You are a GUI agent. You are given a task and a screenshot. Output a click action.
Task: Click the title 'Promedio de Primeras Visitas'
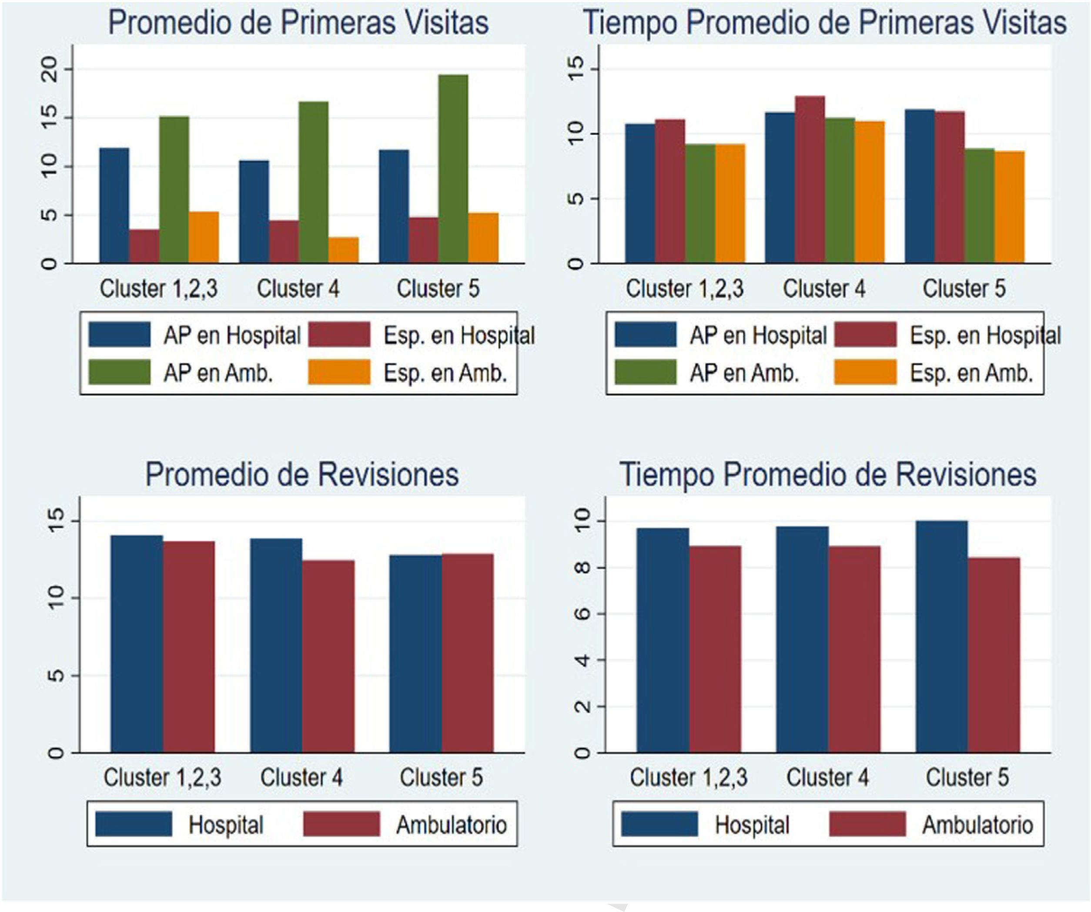(298, 23)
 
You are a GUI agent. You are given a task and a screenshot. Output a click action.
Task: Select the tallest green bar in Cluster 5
(453, 169)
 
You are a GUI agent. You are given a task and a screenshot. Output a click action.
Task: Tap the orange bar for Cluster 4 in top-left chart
(343, 250)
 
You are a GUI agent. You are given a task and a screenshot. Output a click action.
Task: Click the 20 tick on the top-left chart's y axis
(50, 69)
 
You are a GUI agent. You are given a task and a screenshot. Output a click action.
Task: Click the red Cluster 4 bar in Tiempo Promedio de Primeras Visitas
(810, 179)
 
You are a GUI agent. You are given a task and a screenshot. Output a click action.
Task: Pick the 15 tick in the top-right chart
(576, 69)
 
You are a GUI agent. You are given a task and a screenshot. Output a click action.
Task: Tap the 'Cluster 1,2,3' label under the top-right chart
(684, 289)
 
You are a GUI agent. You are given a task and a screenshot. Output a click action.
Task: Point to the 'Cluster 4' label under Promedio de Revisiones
(301, 778)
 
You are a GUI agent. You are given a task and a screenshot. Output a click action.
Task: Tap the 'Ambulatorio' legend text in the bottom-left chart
(452, 825)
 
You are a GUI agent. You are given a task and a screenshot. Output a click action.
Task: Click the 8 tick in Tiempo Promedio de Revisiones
(583, 567)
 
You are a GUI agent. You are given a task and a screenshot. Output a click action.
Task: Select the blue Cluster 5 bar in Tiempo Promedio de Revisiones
(941, 636)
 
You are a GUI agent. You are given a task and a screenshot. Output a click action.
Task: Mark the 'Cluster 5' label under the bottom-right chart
(967, 778)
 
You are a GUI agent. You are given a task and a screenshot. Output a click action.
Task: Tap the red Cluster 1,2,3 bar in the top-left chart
(144, 246)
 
